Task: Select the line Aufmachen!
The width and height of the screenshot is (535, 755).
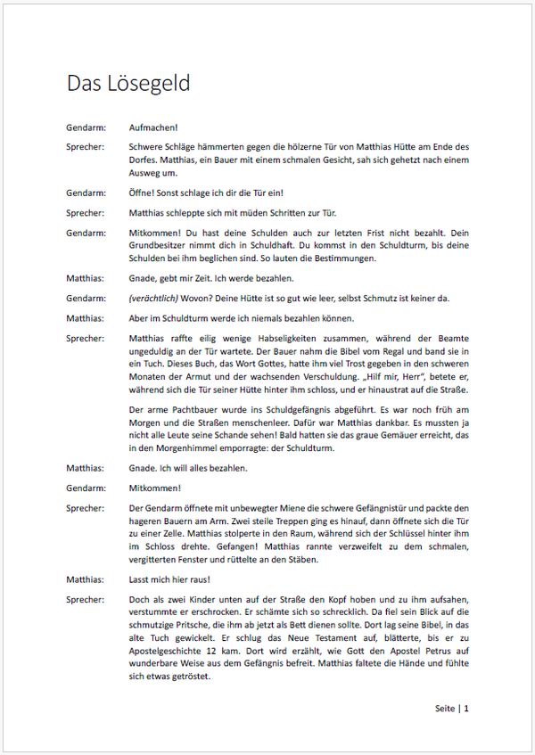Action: tap(153, 127)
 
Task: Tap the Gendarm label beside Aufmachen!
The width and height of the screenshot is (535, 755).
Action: tap(85, 127)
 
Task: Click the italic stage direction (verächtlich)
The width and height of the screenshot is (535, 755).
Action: tap(157, 298)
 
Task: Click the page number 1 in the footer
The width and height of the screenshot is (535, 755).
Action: tap(465, 709)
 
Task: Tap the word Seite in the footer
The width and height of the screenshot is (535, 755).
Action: tap(444, 709)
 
